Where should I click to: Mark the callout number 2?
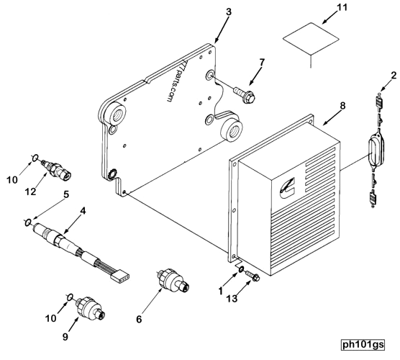point(393,75)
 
